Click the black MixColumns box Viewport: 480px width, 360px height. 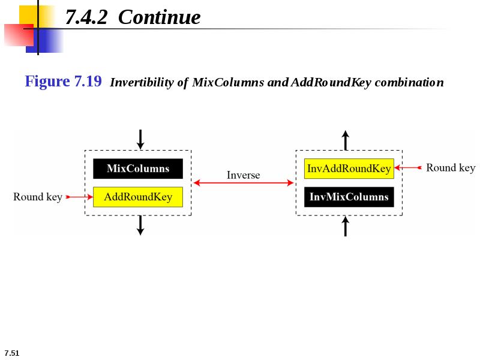pyautogui.click(x=138, y=169)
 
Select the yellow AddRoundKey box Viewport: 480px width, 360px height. pyautogui.click(x=138, y=197)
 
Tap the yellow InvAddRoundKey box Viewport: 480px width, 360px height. pyautogui.click(x=349, y=169)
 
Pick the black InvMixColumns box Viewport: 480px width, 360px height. pyautogui.click(x=349, y=197)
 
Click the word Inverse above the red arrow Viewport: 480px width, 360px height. pyautogui.click(x=244, y=175)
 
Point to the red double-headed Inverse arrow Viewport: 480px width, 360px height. pyautogui.click(x=244, y=183)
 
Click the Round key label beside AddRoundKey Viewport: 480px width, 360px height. pyautogui.click(x=38, y=197)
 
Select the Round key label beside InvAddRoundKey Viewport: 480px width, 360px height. pyautogui.click(x=451, y=168)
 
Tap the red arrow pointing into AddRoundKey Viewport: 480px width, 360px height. pyautogui.click(x=79, y=197)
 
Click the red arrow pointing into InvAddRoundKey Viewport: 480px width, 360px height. pyautogui.click(x=408, y=167)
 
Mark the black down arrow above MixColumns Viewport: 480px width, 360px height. pyautogui.click(x=140, y=140)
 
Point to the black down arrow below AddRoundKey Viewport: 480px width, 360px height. pyautogui.click(x=140, y=226)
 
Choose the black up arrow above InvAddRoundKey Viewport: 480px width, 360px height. pyautogui.click(x=346, y=140)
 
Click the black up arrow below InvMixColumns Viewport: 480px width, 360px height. pyautogui.click(x=346, y=226)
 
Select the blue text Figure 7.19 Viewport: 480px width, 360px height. pyautogui.click(x=63, y=82)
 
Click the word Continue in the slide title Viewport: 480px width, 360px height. pyautogui.click(x=159, y=17)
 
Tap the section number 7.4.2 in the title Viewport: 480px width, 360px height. pyautogui.click(x=86, y=17)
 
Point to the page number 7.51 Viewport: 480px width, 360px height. pyautogui.click(x=12, y=353)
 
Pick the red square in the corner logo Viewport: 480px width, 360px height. pyautogui.click(x=19, y=35)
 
